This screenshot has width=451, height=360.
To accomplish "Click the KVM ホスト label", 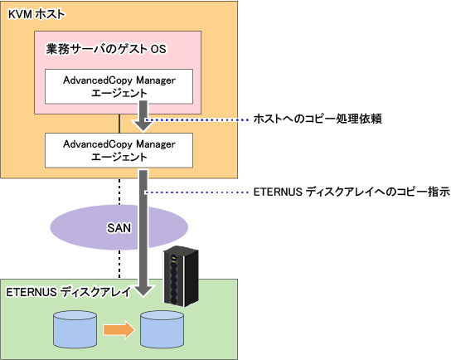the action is coord(36,14).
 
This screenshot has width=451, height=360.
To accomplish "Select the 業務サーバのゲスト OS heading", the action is coord(106,49).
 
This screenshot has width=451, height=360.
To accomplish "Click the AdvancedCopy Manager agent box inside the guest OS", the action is coord(119,86).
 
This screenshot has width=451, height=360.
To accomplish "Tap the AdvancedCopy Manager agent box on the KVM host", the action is coord(119,150).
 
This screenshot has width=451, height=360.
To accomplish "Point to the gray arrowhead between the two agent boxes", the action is coord(143,125).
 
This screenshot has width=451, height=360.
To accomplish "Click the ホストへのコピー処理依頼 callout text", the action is coord(318,119).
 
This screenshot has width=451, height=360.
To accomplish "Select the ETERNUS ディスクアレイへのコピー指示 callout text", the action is coord(352,192).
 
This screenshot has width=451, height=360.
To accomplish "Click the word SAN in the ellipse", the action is coord(119,228).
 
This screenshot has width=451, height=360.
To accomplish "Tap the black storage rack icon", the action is coord(181,276).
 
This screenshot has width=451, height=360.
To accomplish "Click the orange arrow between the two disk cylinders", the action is coord(119,329).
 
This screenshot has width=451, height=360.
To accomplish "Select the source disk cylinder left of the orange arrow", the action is coord(75,329).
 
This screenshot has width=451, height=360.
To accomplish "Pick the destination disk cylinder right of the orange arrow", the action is coord(162,329).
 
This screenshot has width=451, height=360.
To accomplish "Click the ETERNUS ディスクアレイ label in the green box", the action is coord(69,292).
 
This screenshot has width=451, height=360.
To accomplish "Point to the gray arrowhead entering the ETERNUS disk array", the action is coord(143,290).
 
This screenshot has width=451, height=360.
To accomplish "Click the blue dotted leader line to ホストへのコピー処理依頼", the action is coord(196,119).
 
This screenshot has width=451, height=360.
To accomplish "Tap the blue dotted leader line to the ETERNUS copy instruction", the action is coord(196,192).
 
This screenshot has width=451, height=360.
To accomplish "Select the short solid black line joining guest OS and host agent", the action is coord(119,124).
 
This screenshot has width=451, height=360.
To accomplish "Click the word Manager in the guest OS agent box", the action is coord(156,80).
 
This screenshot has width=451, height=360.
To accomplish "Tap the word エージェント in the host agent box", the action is coord(119,157).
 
